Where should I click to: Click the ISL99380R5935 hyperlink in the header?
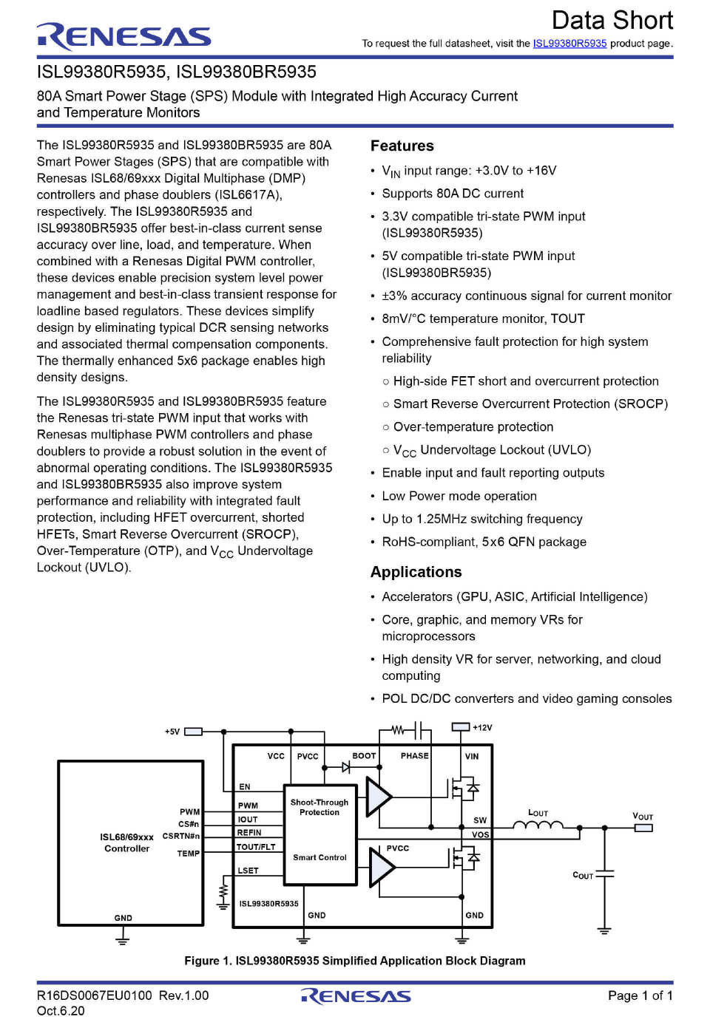[569, 44]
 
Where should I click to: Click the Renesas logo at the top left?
[124, 36]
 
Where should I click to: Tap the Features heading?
[402, 146]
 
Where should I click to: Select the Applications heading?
[416, 572]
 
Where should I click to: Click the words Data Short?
[612, 20]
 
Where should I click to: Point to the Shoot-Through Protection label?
[319, 807]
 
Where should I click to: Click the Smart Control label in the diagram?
[319, 857]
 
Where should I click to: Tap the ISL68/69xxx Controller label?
[127, 842]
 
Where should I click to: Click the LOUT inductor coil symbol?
[538, 825]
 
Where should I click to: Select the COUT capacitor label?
[583, 876]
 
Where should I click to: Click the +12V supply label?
[482, 728]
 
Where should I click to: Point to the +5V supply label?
[172, 732]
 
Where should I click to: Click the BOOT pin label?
[364, 756]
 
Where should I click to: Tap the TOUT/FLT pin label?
[256, 847]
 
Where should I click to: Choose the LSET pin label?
[248, 871]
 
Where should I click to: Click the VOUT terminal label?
[643, 817]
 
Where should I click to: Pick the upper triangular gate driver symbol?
[379, 797]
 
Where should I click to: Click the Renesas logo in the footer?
[356, 996]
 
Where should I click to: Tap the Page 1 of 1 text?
[640, 995]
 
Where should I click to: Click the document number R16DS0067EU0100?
[95, 995]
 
